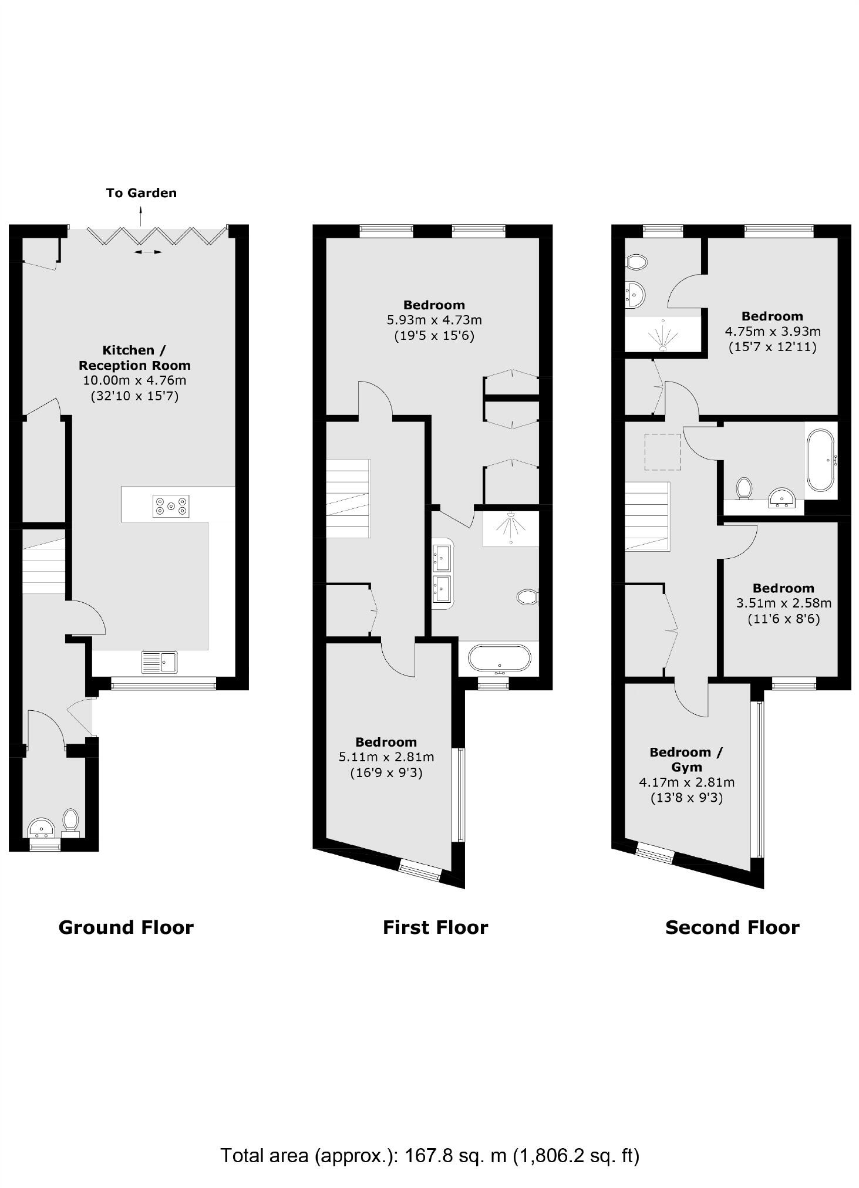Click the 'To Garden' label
coord(141,193)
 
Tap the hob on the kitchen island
coord(171,506)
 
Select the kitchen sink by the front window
coord(159,662)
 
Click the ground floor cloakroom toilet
coord(70,821)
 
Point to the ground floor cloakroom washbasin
coord(41,828)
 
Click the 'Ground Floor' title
coord(126,927)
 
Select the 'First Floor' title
coord(435,927)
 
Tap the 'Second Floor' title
coord(732,927)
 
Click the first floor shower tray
coord(510,528)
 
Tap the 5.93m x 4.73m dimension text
coord(434,320)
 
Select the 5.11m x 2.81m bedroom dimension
coord(386,757)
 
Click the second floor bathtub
coord(820,460)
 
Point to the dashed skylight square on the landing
coord(663,452)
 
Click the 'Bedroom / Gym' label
coord(686,760)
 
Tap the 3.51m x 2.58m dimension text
coord(783,603)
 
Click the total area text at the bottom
coord(429,1156)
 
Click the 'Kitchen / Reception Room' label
coord(134,357)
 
